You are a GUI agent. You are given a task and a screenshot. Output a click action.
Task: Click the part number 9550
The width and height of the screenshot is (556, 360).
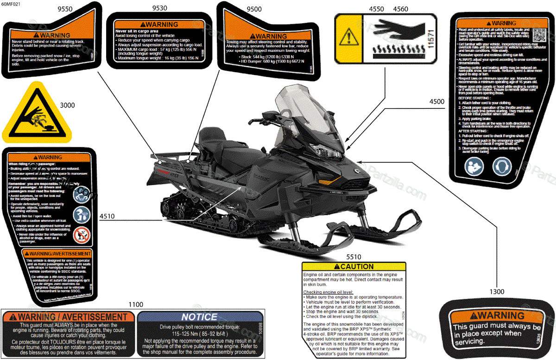click(x=65, y=9)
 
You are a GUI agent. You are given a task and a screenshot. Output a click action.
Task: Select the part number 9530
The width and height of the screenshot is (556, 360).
click(x=160, y=9)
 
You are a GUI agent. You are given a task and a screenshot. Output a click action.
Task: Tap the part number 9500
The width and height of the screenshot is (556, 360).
click(x=254, y=9)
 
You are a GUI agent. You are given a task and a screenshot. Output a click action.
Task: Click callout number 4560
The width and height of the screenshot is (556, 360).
click(x=400, y=9)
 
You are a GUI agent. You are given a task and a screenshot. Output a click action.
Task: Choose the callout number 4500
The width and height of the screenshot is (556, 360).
click(x=436, y=101)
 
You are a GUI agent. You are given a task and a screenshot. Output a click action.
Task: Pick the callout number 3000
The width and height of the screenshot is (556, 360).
click(x=67, y=105)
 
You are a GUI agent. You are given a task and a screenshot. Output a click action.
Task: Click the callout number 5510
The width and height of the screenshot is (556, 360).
click(x=354, y=256)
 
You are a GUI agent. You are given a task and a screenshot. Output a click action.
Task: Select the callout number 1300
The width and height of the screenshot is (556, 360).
click(x=497, y=291)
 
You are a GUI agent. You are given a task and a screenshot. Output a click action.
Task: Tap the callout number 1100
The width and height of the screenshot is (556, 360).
click(x=136, y=304)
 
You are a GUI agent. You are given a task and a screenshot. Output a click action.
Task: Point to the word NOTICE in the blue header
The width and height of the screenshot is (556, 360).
click(x=199, y=317)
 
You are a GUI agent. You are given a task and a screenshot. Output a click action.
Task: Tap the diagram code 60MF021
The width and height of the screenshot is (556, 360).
click(x=11, y=5)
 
